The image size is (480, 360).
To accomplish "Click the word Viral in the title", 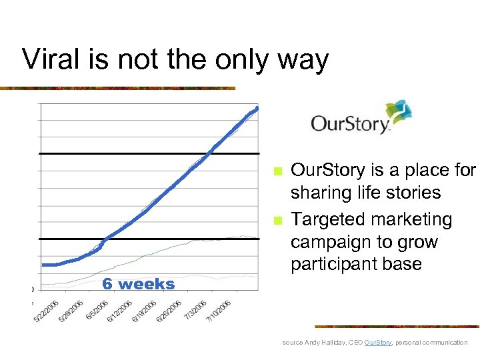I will coord(51,59).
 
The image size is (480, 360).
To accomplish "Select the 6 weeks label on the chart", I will coord(139,285).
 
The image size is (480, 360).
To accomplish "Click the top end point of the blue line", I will coord(257,108).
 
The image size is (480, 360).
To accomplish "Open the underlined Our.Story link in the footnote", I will coord(380,343).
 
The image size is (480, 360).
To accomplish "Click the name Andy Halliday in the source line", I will coord(321,343).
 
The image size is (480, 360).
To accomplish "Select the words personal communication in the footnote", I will coord(433,343).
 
